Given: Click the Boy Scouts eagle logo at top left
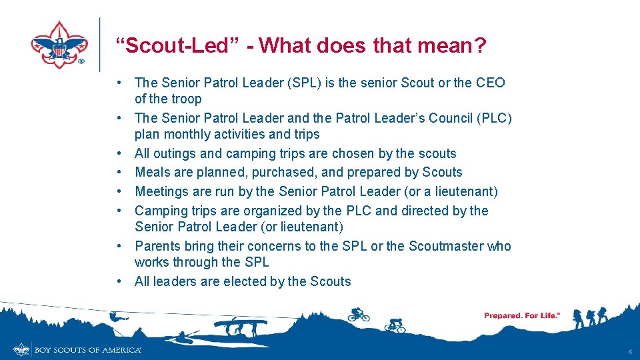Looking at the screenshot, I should pyautogui.click(x=59, y=45).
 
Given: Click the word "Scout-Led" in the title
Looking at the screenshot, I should pyautogui.click(x=160, y=46).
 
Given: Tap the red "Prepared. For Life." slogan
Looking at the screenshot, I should pyautogui.click(x=521, y=315).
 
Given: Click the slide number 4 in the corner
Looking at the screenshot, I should pyautogui.click(x=629, y=351).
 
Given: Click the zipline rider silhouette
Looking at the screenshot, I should pyautogui.click(x=115, y=318).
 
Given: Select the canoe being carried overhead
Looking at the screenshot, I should pyautogui.click(x=240, y=323).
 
